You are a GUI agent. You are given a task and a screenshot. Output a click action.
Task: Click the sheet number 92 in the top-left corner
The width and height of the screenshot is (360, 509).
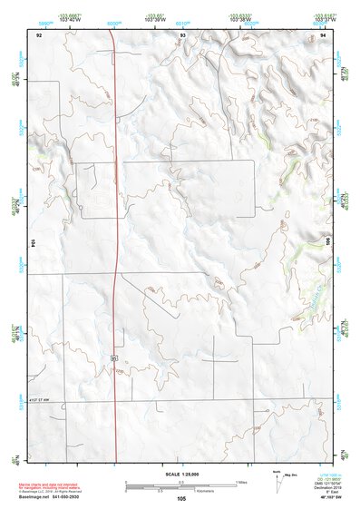click(38, 34)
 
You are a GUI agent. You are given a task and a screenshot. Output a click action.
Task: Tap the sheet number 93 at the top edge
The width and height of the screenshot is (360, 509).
click(182, 34)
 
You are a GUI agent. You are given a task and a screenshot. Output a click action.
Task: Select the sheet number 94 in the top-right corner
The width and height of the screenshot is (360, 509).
click(324, 34)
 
